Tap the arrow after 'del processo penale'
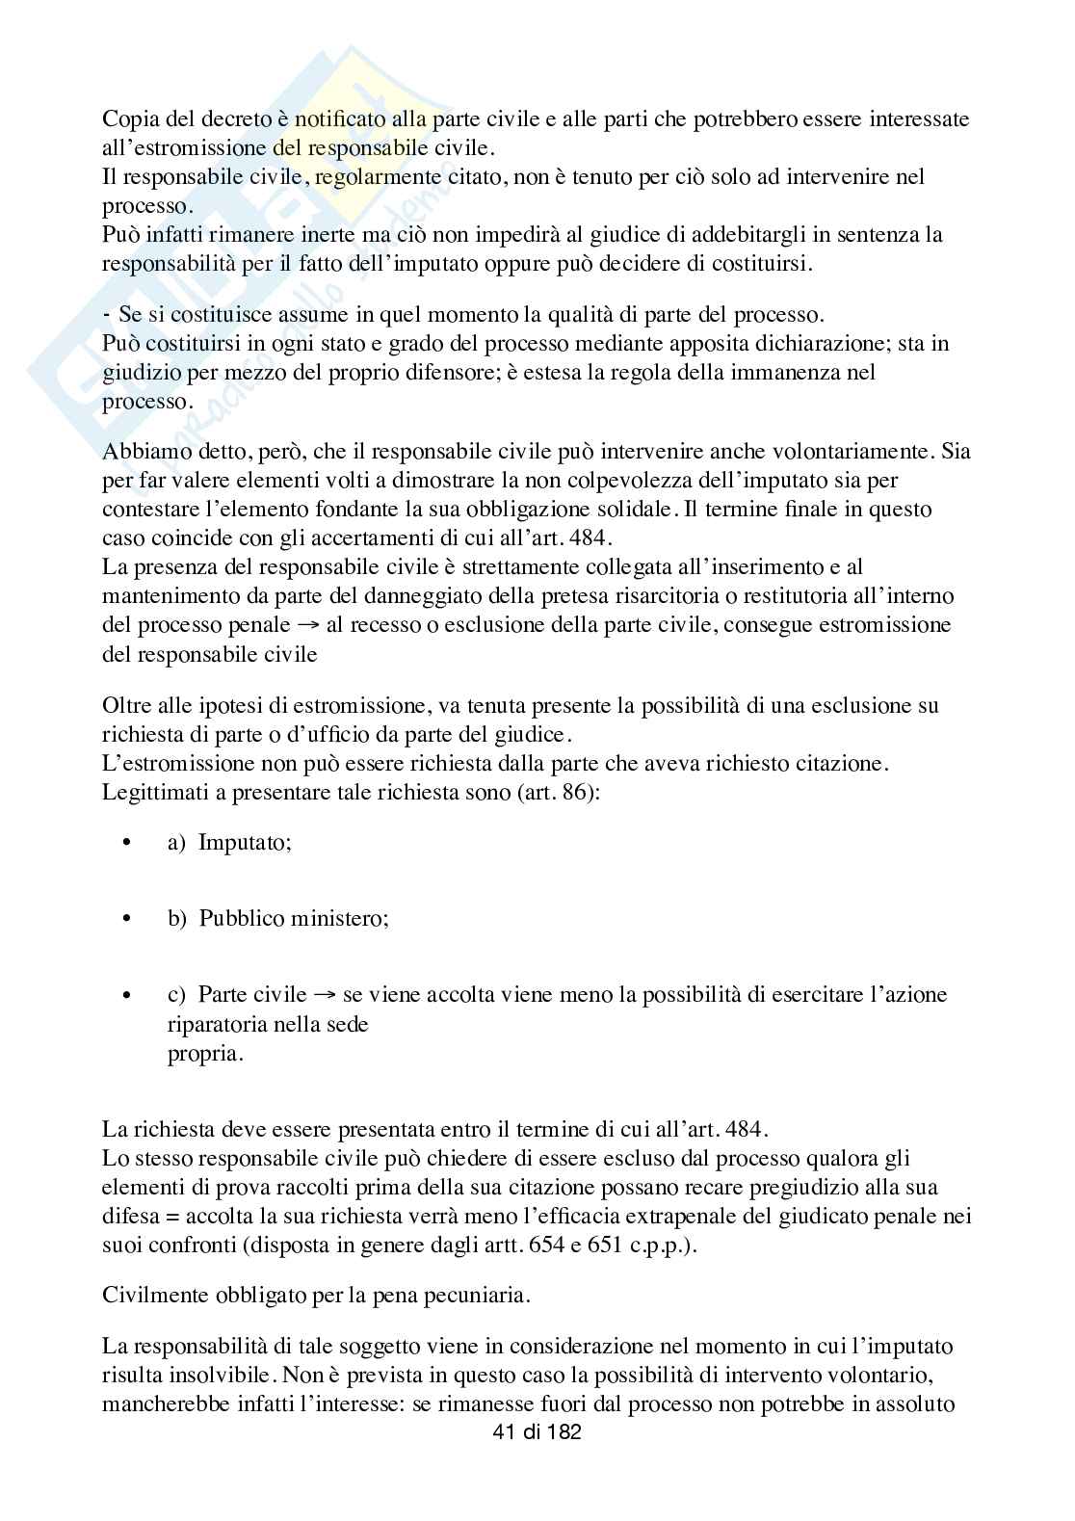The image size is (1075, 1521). click(309, 624)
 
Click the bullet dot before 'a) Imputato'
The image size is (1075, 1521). click(125, 843)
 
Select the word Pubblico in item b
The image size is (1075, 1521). click(237, 918)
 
